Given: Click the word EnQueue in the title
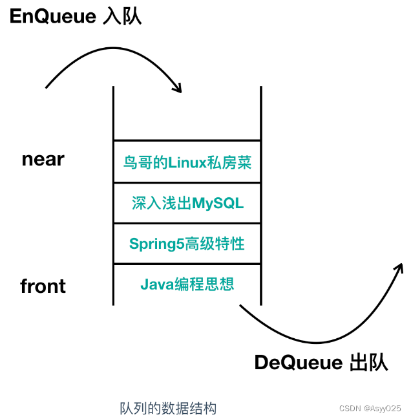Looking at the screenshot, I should click(52, 16).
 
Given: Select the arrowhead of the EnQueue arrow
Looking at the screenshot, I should click(178, 87).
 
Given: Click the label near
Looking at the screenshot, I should click(43, 159).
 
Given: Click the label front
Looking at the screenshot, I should click(43, 286).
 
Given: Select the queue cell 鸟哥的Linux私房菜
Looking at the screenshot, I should click(187, 162).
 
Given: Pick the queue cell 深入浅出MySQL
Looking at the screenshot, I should click(187, 203).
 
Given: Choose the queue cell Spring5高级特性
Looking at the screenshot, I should click(187, 244).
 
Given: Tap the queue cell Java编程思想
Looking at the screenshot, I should click(187, 283).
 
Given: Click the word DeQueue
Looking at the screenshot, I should click(298, 363).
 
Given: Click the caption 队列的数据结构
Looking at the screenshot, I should click(168, 408).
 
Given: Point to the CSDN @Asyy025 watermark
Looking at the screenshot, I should click(370, 409).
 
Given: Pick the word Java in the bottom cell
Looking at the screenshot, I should click(155, 283).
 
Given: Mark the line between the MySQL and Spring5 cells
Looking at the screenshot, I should click(187, 224).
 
